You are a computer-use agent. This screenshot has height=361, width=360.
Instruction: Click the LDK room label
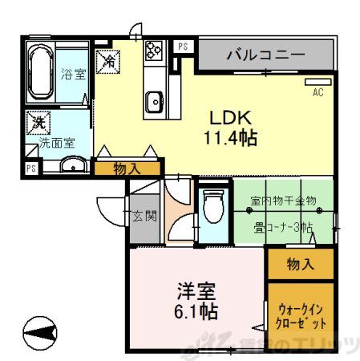coord(229,116)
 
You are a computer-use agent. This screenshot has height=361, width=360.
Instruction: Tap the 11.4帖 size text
coord(229,138)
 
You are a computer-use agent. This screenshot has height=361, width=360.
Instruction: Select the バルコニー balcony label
coord(265,56)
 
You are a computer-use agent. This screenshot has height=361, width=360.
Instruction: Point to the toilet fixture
coord(212,211)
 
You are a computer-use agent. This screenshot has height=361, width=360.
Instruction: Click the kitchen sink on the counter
coord(154,100)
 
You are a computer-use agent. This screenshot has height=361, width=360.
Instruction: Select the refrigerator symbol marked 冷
coord(108,59)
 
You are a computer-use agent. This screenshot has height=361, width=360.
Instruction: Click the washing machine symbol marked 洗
coord(38,124)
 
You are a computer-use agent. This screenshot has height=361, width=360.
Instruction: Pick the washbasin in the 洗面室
coord(72,167)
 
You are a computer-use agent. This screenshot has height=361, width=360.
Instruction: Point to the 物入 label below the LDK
coord(126,168)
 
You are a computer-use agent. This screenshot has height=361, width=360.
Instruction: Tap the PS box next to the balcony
coord(184,47)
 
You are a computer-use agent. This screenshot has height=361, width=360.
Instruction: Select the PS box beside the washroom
coord(31,168)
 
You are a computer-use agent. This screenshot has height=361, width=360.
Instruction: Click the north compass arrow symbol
coord(41,331)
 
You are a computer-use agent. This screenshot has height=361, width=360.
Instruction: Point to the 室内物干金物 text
coord(283,201)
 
